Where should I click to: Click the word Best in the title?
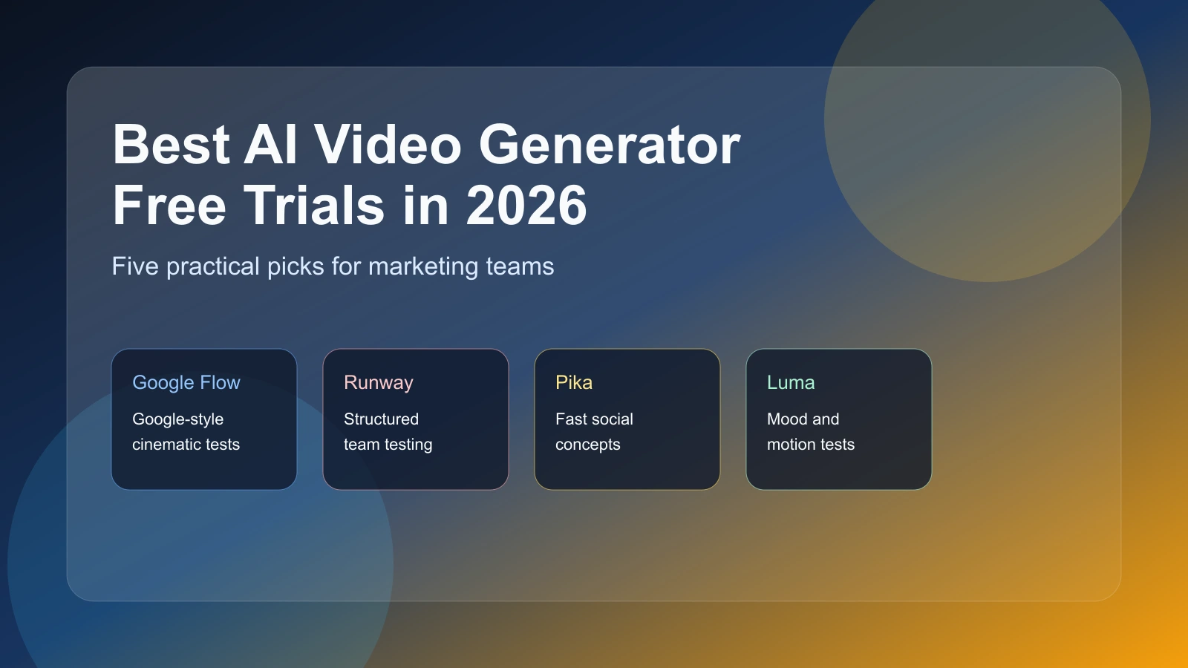click(172, 145)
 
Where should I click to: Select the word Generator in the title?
click(609, 145)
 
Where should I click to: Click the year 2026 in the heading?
click(526, 206)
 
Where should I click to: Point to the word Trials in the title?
click(315, 206)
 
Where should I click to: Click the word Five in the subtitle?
click(135, 266)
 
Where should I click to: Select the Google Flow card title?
click(186, 382)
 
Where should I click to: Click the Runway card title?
click(379, 382)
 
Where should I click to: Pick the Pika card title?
click(574, 382)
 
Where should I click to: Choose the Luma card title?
click(791, 382)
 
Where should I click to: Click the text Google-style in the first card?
click(178, 419)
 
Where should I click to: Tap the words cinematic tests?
click(186, 445)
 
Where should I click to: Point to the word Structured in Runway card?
click(381, 419)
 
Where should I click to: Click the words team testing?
click(388, 445)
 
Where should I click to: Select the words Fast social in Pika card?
click(594, 419)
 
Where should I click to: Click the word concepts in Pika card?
click(587, 445)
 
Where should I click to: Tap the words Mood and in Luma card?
click(803, 419)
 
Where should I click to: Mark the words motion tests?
click(811, 445)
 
